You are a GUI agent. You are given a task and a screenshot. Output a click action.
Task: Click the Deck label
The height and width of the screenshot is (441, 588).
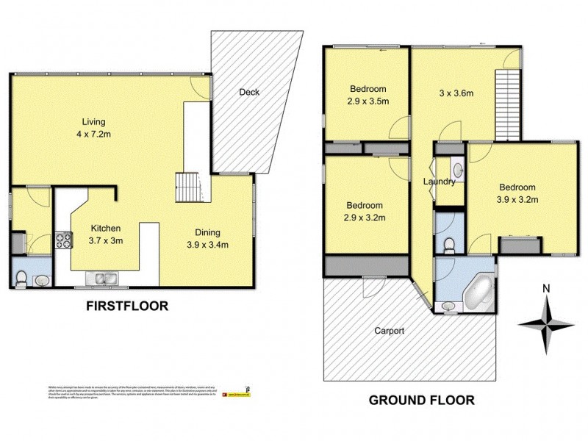[x=249, y=92]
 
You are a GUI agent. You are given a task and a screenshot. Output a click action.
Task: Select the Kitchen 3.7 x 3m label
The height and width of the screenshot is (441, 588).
[x=106, y=234]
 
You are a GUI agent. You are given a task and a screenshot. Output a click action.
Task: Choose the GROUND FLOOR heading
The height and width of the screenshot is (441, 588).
[x=421, y=401]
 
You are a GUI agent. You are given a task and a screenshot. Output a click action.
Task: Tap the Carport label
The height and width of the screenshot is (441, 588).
[x=389, y=331]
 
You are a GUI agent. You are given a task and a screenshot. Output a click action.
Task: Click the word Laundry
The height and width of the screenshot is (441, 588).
[x=440, y=182]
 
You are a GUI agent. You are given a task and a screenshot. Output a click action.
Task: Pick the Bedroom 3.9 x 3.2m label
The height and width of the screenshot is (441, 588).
[x=518, y=193]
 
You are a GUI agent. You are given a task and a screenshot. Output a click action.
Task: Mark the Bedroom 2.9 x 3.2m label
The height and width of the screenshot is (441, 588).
[x=365, y=211]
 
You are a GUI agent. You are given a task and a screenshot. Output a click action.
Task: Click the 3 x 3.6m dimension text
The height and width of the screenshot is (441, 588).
[x=456, y=93]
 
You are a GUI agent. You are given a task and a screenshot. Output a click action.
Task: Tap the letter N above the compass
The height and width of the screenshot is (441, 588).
[x=545, y=288]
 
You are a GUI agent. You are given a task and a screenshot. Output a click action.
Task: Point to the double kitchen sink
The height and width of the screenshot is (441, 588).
[x=102, y=278]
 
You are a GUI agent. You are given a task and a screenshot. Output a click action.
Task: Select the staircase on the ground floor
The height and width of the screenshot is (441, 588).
[x=507, y=102]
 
